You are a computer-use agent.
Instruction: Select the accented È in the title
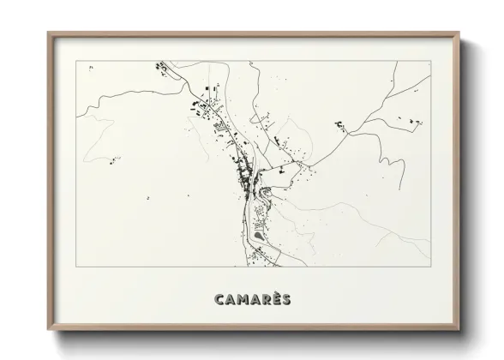[273, 298]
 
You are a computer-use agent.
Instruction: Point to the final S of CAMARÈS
[285, 299]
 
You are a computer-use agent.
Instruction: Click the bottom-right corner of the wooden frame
[460, 330]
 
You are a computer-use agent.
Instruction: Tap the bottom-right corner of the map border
[428, 267]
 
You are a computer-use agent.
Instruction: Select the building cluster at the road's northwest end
[159, 66]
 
